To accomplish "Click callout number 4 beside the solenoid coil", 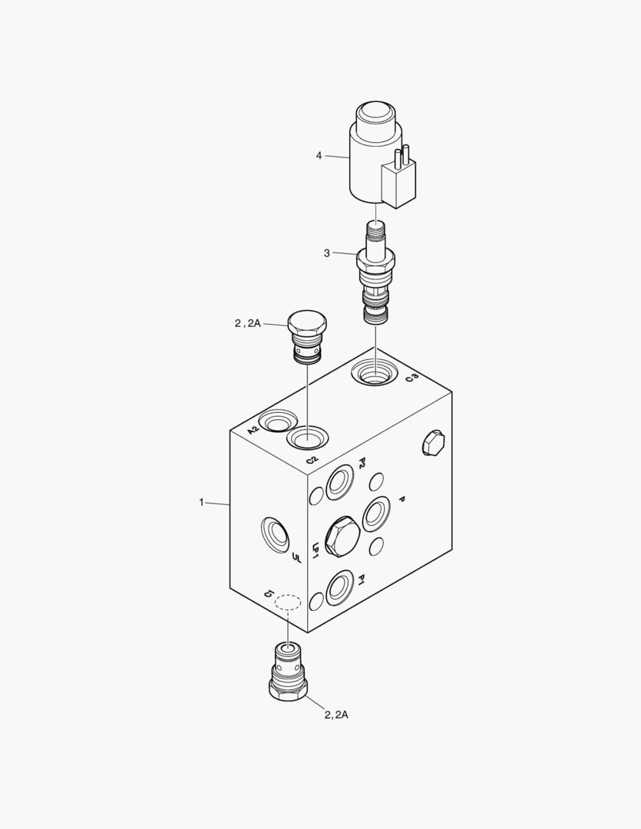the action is (319, 155).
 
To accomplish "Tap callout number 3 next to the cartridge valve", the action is (327, 253).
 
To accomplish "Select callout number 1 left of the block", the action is (201, 502).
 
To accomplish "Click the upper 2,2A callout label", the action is (248, 323).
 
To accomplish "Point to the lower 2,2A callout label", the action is (336, 715).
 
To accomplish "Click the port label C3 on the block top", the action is (412, 378).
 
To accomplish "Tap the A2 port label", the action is (253, 430).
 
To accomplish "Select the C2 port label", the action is (312, 460).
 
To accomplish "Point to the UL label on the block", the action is (296, 557).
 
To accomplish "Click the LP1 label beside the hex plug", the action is (316, 550).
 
